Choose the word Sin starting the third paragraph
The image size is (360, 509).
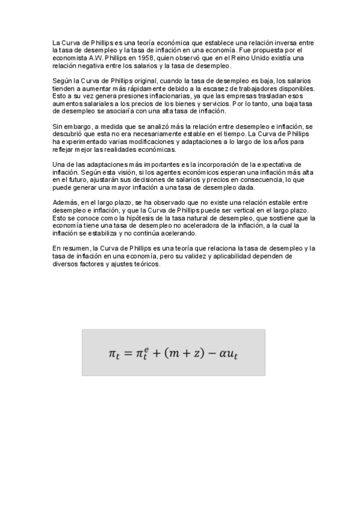click(x=58, y=127)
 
